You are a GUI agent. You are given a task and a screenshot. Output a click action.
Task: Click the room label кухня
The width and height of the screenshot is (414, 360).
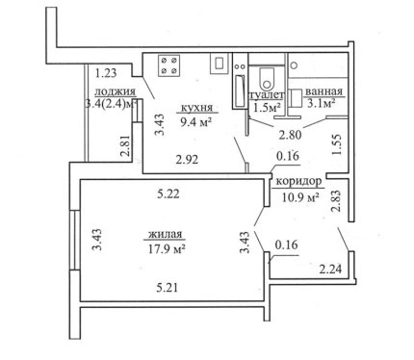197,108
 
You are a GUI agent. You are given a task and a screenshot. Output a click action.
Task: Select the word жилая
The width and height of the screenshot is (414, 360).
165,234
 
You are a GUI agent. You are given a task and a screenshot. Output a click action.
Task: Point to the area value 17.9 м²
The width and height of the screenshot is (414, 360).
167,249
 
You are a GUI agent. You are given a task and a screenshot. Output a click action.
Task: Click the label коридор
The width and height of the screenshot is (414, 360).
298,182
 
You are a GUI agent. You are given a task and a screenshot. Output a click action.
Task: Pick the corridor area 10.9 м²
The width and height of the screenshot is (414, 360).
300,196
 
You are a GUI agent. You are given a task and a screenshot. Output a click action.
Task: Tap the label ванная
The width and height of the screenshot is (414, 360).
323,91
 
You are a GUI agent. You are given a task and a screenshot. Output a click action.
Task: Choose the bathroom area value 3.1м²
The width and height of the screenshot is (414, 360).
322,103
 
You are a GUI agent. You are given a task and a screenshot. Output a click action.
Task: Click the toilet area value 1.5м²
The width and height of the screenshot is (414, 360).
268,108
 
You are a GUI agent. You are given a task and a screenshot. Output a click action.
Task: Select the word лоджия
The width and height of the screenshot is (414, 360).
116,91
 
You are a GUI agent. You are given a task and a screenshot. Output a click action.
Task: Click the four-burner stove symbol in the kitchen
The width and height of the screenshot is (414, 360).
168,65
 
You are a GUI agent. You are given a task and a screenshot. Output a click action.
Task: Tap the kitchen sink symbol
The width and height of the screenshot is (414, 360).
220,64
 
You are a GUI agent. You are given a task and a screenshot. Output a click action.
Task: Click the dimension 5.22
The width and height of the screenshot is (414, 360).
168,193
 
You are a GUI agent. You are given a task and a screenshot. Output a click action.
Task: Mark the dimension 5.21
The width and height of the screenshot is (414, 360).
167,288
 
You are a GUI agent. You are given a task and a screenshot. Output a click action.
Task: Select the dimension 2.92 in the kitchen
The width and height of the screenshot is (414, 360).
187,160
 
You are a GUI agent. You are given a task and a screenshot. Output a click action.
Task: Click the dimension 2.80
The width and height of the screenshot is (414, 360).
290,135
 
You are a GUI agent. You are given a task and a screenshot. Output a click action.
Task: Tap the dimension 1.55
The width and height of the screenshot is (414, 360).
336,145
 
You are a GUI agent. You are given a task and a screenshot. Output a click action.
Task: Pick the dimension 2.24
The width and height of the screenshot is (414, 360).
330,269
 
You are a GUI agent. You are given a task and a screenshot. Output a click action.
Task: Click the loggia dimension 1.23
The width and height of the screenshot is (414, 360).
106,73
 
